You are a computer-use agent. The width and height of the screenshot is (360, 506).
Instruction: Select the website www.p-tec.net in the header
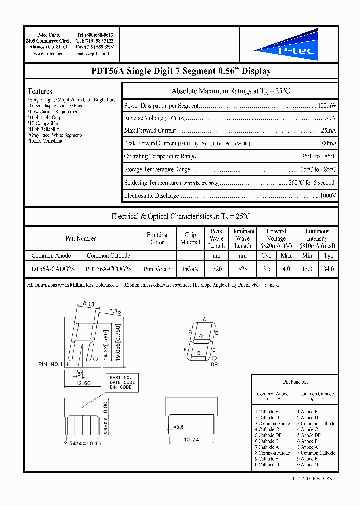coord(48,53)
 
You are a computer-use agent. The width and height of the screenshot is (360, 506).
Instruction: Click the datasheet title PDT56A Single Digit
coord(181,71)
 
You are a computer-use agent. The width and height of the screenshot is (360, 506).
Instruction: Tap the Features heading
coord(40,91)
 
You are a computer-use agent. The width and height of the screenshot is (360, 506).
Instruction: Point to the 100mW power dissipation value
coord(327,106)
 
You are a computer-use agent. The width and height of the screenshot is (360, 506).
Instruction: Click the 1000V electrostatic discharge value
coord(327,196)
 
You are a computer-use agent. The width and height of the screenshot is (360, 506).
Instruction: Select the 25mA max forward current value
coord(328,131)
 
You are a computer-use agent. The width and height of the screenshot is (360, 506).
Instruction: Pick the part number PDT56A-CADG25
coord(51,269)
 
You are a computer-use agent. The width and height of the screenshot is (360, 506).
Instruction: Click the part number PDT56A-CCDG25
coord(108,269)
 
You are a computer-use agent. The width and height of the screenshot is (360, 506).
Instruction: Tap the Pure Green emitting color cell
coord(157,269)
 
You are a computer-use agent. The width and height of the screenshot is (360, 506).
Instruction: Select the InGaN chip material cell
coord(190,269)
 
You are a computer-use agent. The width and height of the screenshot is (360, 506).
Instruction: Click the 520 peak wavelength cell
coord(216,269)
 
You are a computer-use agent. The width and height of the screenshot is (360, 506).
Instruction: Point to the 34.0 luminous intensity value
coord(328,269)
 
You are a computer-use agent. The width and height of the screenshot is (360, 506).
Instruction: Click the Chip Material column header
coord(190,238)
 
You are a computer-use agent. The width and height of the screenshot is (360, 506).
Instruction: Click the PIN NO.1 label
coord(50,364)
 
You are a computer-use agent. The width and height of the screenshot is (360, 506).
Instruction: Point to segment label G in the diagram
coord(201,336)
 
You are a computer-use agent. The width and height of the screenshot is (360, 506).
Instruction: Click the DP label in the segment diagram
coord(214,365)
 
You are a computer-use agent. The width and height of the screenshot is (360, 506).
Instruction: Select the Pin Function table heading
coord(295,382)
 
